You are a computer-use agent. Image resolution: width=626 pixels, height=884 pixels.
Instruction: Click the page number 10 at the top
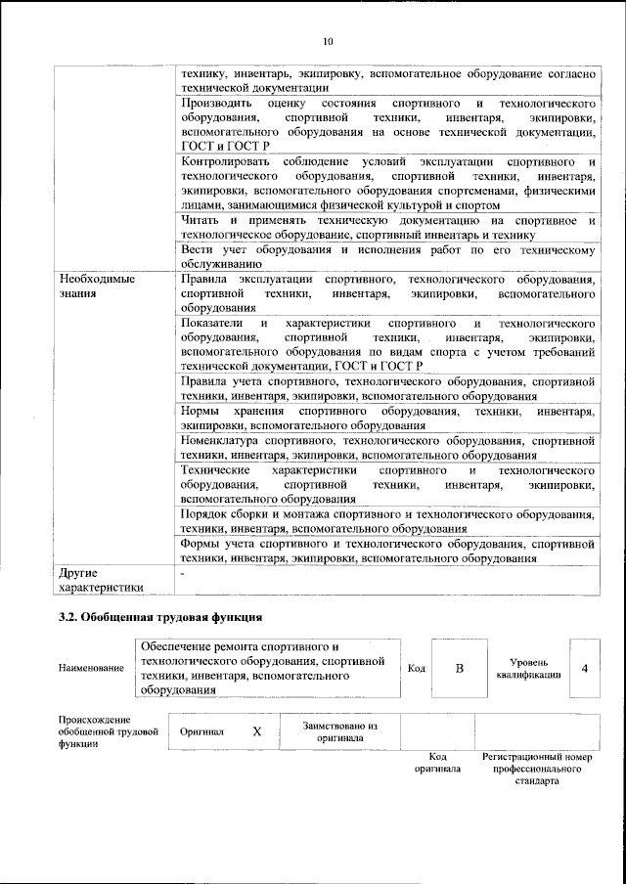point(328,41)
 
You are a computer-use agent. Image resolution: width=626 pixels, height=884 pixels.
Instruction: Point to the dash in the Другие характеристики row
point(183,571)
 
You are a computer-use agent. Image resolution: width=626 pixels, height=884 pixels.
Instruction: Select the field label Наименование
point(91,668)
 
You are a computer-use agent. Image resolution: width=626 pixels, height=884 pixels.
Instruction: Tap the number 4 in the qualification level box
point(584,669)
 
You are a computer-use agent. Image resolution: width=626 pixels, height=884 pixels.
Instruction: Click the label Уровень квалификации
point(528,669)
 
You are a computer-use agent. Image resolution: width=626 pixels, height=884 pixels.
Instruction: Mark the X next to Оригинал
point(257,731)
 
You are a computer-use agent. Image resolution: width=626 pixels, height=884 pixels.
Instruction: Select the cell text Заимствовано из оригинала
point(339,731)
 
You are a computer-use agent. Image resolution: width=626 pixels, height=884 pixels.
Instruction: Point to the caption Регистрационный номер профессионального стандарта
point(537,770)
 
